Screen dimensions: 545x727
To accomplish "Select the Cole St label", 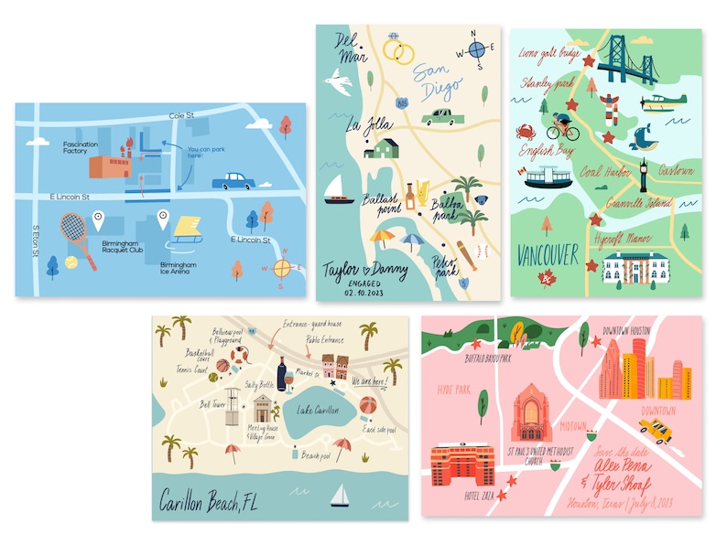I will coord(183,116).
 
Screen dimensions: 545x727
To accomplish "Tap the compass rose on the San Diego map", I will coord(476,49).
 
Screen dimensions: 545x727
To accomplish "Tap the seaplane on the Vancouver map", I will coord(661,102).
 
